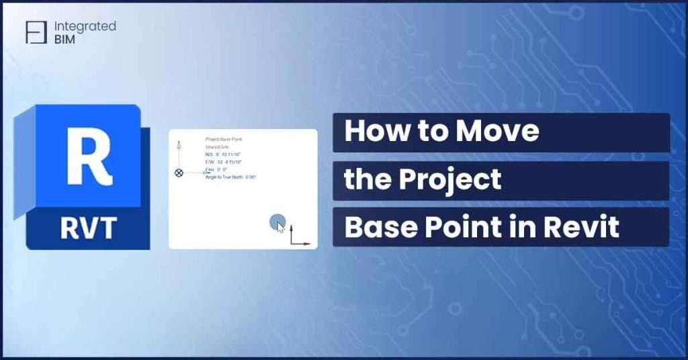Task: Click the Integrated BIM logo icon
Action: pos(36,32)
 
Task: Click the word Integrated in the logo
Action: pos(85,26)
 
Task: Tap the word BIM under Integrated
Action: pos(66,39)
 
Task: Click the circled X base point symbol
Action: pos(179,173)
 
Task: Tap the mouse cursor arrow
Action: pos(280,227)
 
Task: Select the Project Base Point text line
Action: pos(224,139)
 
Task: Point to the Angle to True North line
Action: pos(230,177)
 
